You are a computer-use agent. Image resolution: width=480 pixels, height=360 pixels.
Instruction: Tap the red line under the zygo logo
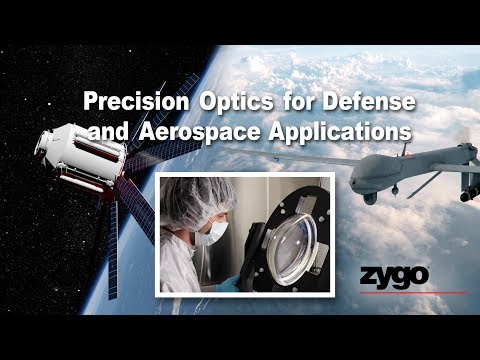(420, 293)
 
